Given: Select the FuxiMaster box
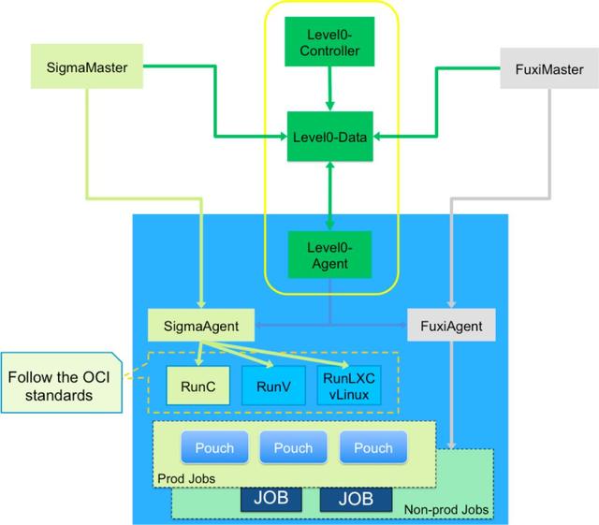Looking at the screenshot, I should pyautogui.click(x=548, y=69).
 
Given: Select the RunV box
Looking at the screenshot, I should pyautogui.click(x=273, y=384).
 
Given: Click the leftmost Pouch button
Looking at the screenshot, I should pyautogui.click(x=214, y=447).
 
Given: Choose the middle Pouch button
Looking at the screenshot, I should pyautogui.click(x=293, y=447).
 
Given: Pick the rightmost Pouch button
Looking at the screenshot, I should pyautogui.click(x=373, y=447).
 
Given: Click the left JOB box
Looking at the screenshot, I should pyautogui.click(x=270, y=500).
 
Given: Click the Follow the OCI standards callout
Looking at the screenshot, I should pyautogui.click(x=58, y=385).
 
